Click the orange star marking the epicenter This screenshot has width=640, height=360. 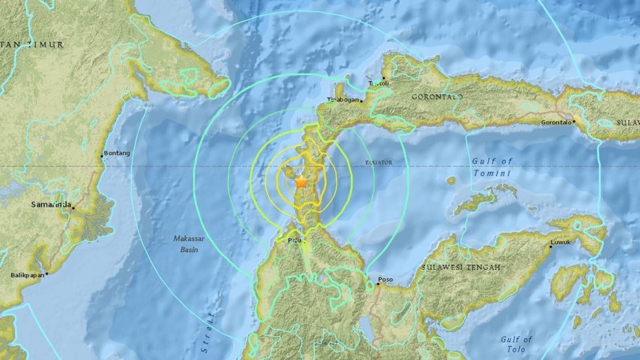click(x=300, y=182)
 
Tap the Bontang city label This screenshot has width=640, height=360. click(x=115, y=153)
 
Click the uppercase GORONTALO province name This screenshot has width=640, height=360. click(x=437, y=98)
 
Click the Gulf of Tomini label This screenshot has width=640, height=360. click(x=492, y=167)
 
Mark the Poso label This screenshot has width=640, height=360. click(x=386, y=280)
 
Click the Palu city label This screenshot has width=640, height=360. click(x=294, y=241)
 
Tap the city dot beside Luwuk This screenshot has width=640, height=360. click(x=550, y=249)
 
